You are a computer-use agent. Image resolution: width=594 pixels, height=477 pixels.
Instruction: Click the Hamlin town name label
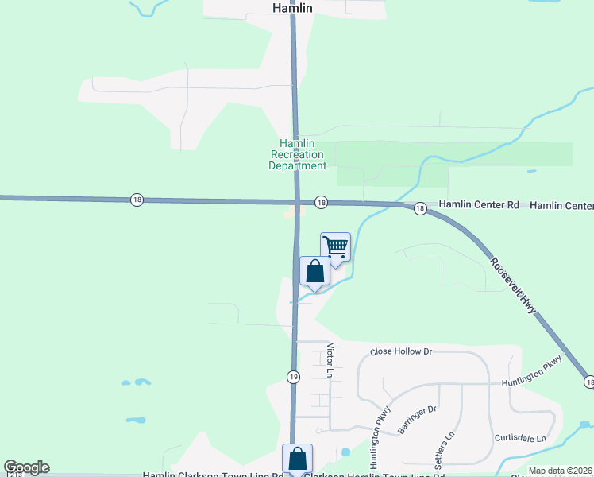[x=292, y=7]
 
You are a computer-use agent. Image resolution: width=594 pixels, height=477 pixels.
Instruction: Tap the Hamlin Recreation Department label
[x=297, y=154]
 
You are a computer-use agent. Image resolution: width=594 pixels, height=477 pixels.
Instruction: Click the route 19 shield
[x=293, y=376]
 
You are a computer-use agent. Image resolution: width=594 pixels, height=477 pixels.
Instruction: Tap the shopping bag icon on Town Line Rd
[x=298, y=459]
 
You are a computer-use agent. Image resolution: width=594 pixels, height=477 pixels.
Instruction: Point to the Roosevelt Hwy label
[x=513, y=285]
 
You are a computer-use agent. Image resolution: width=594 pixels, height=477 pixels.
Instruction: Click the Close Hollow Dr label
[x=401, y=351]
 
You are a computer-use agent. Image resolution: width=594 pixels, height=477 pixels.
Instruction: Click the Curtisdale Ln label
[x=520, y=439]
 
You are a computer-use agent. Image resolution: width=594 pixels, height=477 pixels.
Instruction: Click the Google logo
[x=26, y=467]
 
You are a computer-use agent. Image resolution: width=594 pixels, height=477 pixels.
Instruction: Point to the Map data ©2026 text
[x=561, y=471]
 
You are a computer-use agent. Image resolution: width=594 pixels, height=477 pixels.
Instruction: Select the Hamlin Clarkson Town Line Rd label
[x=213, y=475]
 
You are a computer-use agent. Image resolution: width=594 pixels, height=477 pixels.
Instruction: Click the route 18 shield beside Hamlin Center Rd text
[x=420, y=208]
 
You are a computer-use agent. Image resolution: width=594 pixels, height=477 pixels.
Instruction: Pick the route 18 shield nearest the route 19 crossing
[x=321, y=203]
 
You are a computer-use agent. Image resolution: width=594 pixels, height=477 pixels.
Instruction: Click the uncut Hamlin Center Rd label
[x=479, y=205]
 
